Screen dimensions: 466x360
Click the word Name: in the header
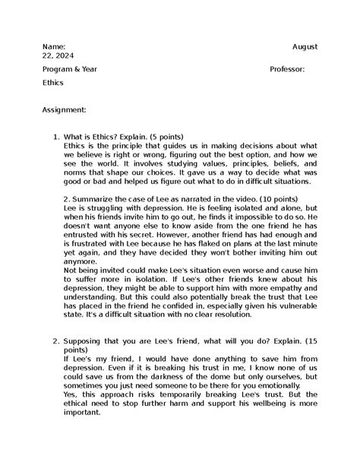coord(55,46)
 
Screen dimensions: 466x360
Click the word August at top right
coord(305,46)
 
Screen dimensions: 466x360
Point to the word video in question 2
coord(234,198)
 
